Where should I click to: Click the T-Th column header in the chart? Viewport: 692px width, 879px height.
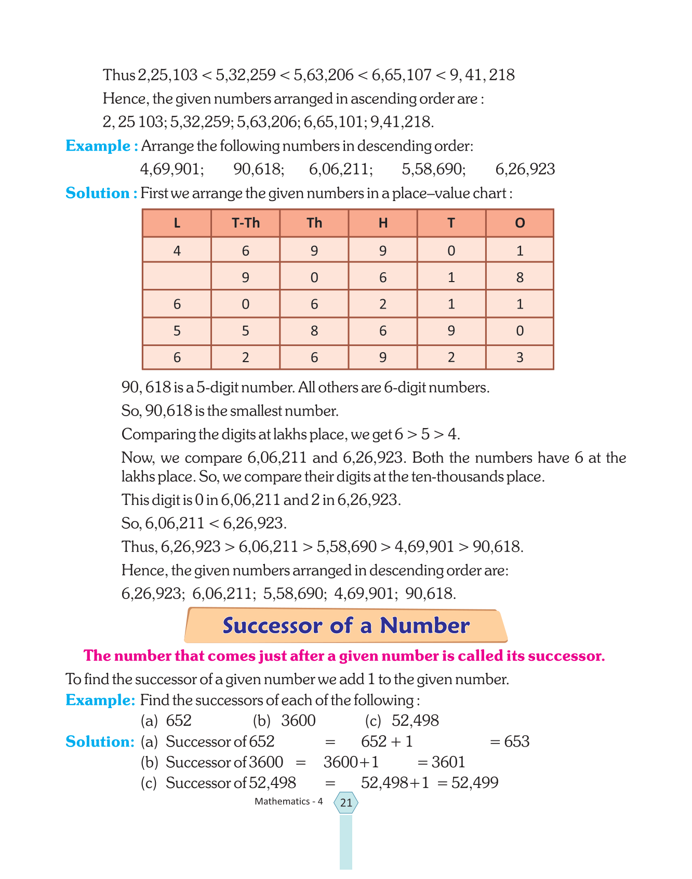click(x=245, y=223)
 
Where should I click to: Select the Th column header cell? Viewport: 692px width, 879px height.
click(x=314, y=223)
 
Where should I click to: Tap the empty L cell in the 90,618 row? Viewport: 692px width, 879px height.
click(x=177, y=277)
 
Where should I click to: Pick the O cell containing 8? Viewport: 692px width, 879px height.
click(x=520, y=277)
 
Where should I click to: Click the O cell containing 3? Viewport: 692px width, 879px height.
click(x=520, y=357)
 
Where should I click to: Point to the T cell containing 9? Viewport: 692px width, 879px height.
click(x=451, y=331)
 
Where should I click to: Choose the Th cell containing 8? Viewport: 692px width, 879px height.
click(x=314, y=331)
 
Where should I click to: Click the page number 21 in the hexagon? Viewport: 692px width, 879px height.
click(x=346, y=803)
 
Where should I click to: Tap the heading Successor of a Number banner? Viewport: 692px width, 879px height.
click(x=346, y=625)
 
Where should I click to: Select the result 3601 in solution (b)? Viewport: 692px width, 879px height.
click(x=448, y=762)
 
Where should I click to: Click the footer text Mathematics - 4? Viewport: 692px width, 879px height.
click(x=288, y=802)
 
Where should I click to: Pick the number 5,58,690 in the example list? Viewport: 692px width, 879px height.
click(x=433, y=169)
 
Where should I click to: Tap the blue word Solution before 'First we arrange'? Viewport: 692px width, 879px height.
click(x=98, y=193)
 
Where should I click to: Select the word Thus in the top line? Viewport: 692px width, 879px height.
click(x=119, y=75)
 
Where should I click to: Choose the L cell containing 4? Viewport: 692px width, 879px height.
click(x=177, y=251)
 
